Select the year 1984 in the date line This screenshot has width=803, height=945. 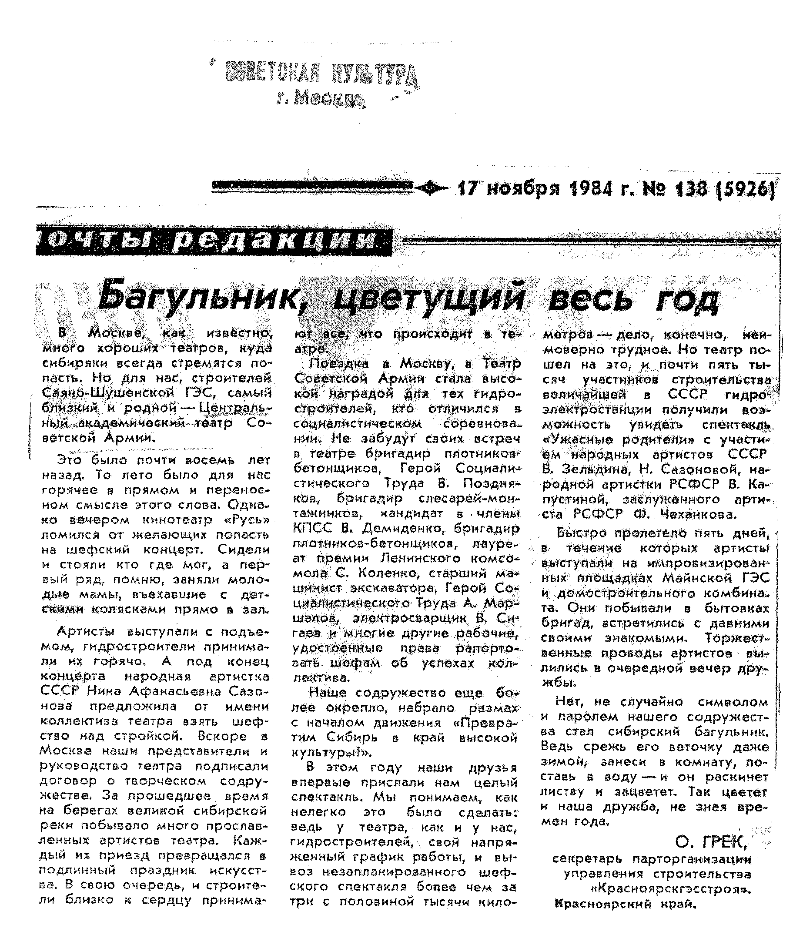tap(591, 188)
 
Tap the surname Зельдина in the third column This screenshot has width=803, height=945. tap(591, 469)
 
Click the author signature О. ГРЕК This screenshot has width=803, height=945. tap(711, 842)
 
